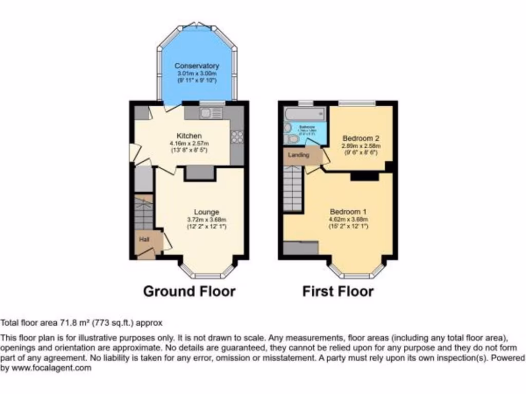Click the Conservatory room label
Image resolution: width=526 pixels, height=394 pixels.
[x=196, y=66]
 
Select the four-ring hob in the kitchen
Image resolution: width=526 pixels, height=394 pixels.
[x=237, y=136]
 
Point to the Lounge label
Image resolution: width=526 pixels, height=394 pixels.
[x=206, y=212]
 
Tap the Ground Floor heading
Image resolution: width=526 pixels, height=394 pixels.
[x=189, y=292]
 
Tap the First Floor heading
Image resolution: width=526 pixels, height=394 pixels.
[x=337, y=292]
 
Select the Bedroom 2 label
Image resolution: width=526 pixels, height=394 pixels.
[x=361, y=139]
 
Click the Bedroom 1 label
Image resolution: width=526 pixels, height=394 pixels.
[x=349, y=212]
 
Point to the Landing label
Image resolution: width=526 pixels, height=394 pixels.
[x=298, y=155]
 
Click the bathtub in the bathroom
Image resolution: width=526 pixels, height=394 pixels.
[x=305, y=112]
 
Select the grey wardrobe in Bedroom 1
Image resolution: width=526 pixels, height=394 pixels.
[x=301, y=248]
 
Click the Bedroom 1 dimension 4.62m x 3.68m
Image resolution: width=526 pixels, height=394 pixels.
[x=349, y=220]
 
